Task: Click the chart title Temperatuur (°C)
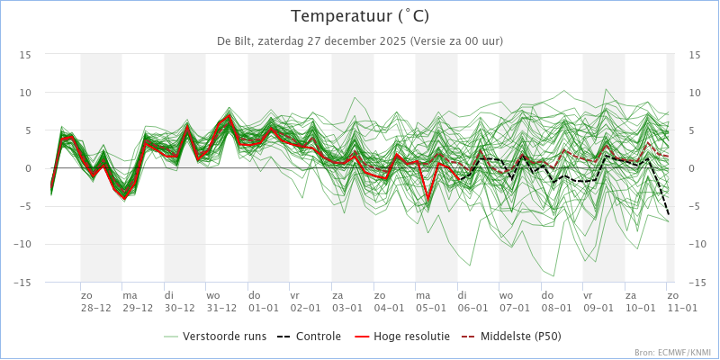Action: pyautogui.click(x=360, y=16)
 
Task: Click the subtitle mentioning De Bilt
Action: pyautogui.click(x=360, y=40)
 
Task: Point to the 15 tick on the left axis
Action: pyautogui.click(x=27, y=55)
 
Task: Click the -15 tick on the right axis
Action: pyautogui.click(x=694, y=282)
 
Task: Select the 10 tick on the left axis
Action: pyautogui.click(x=27, y=93)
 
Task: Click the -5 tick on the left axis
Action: pyautogui.click(x=27, y=206)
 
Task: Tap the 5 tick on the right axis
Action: pyautogui.click(x=694, y=130)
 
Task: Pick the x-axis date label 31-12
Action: pyautogui.click(x=221, y=307)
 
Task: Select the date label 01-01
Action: pyautogui.click(x=263, y=307)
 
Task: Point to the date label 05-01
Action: pyautogui.click(x=430, y=307)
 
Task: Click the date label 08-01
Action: pyautogui.click(x=556, y=307)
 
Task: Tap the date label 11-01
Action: pyautogui.click(x=681, y=307)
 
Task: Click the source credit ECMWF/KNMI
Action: pyautogui.click(x=672, y=353)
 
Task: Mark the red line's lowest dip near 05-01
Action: pyautogui.click(x=427, y=199)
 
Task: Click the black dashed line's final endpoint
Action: pyautogui.click(x=669, y=214)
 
